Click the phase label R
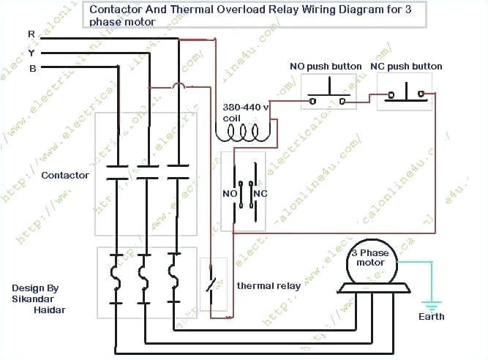pyautogui.click(x=30, y=34)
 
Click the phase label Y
pyautogui.click(x=30, y=52)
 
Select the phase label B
pyautogui.click(x=31, y=68)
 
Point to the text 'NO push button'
pyautogui.click(x=326, y=67)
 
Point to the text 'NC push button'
pyautogui.click(x=406, y=67)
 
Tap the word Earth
pyautogui.click(x=431, y=317)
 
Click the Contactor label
pyautogui.click(x=65, y=175)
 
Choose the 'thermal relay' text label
pyautogui.click(x=269, y=286)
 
